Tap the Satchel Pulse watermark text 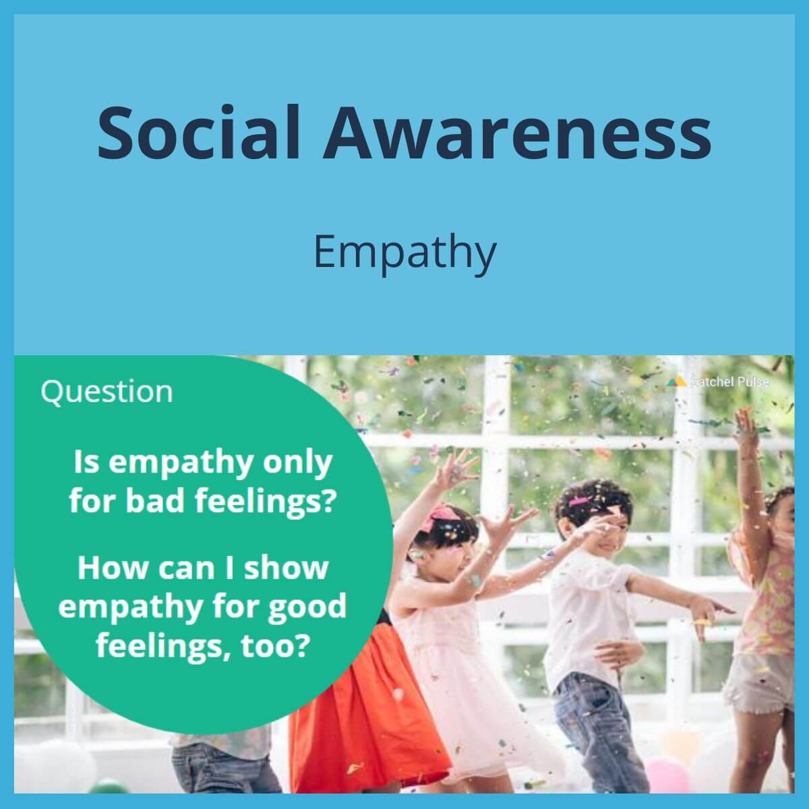(729, 382)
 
